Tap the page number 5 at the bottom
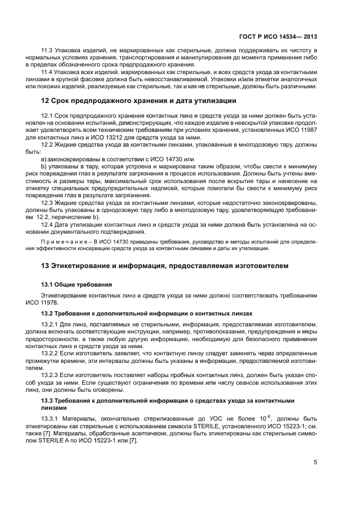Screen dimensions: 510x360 (x=315, y=462)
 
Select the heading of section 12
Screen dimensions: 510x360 (x=139, y=101)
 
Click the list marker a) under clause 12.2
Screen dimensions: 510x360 (x=44, y=159)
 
